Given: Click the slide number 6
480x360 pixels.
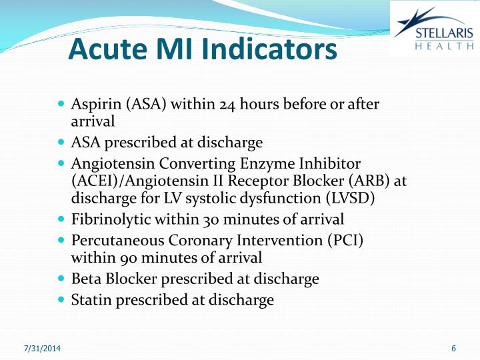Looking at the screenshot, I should point(453,349).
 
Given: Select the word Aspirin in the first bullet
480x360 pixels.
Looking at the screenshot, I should point(93,105).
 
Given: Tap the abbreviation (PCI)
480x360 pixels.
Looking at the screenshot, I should point(346,240).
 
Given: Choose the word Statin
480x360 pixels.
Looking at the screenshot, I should point(91,300).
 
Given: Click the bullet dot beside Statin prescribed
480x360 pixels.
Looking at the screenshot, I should point(62,299).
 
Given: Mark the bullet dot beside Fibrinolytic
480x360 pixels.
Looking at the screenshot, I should point(62,218).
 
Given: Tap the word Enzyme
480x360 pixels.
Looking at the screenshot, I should point(277,163).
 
